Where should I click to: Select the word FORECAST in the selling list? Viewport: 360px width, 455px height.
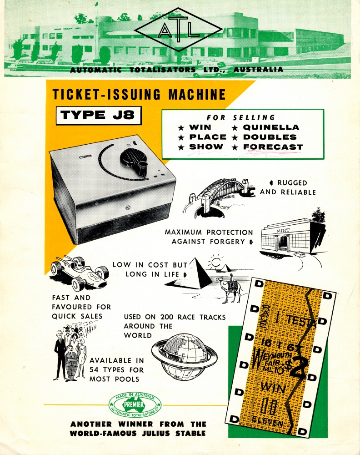(x=273, y=147)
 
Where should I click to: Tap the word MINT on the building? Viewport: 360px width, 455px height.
(x=283, y=231)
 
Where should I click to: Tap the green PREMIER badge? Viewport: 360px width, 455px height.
(x=135, y=404)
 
